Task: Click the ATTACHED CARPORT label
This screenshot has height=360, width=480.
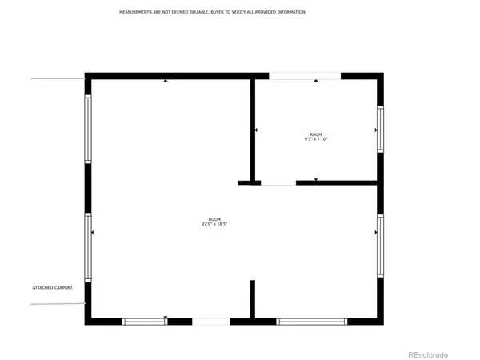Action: pos(58,287)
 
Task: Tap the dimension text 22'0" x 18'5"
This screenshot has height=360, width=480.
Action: pos(214,225)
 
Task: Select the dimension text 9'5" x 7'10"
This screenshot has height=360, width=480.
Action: pos(316,139)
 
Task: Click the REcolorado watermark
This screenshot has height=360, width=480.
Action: pos(428,354)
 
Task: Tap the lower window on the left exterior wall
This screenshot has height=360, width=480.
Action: pos(88,247)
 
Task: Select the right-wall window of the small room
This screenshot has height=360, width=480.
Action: pos(380,129)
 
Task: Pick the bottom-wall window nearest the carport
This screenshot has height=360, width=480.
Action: pos(144,322)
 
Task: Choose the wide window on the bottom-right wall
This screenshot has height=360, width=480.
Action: pos(311,322)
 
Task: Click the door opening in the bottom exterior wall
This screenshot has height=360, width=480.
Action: pos(211,322)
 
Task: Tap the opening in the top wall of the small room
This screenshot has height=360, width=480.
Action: pos(305,76)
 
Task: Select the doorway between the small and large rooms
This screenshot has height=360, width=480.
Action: pos(278,183)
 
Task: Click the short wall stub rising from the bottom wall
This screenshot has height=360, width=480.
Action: pos(252,299)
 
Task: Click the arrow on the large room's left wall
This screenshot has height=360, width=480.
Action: pos(93,233)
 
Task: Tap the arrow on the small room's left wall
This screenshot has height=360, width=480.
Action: pos(256,130)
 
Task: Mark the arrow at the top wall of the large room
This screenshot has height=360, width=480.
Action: pos(166,80)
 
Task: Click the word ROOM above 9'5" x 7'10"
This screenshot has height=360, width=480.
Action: pos(316,134)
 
